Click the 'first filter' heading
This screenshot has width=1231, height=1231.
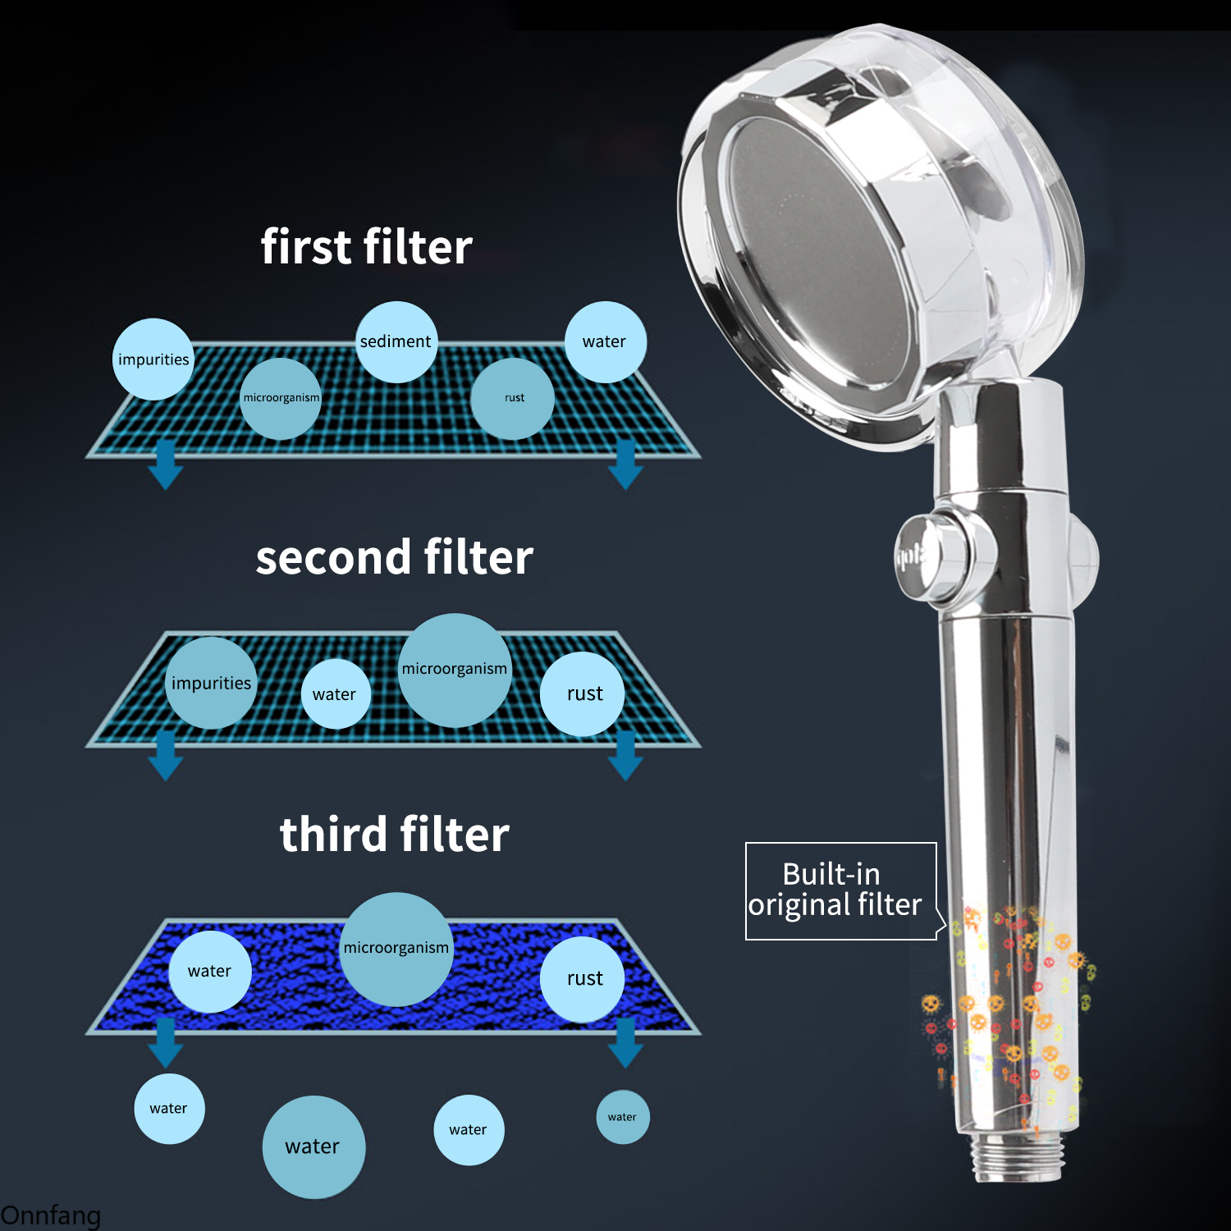[366, 247]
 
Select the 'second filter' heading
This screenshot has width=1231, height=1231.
[394, 557]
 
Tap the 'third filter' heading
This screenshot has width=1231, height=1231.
[394, 835]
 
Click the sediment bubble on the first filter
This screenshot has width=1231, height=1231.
[396, 341]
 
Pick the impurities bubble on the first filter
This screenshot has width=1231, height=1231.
[153, 359]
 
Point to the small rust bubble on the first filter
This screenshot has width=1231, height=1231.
[513, 398]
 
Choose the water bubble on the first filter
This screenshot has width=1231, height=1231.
[606, 341]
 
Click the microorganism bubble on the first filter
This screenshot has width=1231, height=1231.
[281, 398]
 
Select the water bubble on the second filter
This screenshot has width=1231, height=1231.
[336, 693]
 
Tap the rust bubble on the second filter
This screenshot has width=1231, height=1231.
[583, 693]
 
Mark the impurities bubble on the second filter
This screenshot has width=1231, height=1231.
[211, 683]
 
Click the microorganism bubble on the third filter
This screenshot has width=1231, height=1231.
[396, 949]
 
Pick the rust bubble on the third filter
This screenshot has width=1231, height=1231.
[583, 978]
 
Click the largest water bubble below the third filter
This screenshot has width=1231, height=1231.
[313, 1146]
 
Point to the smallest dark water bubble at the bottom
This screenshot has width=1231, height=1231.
[623, 1117]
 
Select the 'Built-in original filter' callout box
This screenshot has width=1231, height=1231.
[841, 890]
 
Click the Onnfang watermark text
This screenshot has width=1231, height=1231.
[50, 1215]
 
